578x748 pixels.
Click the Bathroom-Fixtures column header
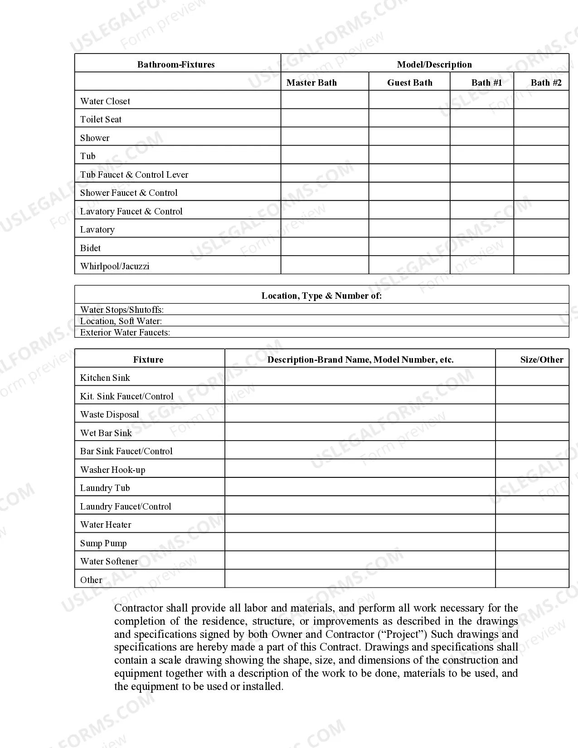click(176, 64)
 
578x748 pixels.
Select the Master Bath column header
click(311, 83)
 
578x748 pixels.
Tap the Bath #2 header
click(546, 83)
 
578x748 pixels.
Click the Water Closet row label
click(105, 101)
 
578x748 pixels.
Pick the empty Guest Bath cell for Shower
click(409, 136)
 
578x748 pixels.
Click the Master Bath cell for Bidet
click(325, 247)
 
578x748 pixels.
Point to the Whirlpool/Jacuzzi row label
click(115, 266)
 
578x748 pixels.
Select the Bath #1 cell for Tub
click(481, 155)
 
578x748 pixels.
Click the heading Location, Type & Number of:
click(321, 296)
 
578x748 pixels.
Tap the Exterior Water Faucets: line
click(125, 332)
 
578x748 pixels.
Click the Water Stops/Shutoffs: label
click(122, 310)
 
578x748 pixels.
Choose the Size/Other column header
click(541, 359)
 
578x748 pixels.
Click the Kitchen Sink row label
click(105, 378)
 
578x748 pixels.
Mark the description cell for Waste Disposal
click(360, 413)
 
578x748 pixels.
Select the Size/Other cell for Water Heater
click(532, 524)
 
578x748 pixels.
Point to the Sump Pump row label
click(103, 543)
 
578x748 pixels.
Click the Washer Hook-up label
click(113, 470)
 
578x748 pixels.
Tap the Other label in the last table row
click(91, 580)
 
